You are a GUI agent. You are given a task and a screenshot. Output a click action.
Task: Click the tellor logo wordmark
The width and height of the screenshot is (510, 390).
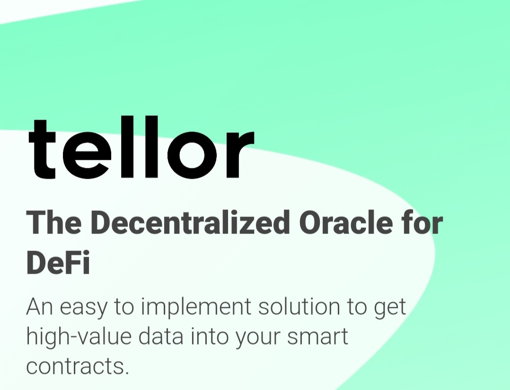141,147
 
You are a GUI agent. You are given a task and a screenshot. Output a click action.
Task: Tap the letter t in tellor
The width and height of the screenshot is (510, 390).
42,149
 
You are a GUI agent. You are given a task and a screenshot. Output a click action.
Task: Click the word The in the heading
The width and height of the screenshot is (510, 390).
54,223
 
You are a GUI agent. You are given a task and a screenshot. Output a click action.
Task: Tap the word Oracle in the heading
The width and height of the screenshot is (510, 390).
345,223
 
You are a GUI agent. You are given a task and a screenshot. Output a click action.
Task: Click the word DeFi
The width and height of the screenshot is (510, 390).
58,263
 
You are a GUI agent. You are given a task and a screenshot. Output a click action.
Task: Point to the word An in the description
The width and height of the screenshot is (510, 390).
39,306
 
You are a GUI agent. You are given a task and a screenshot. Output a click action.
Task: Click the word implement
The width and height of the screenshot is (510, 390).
196,308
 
